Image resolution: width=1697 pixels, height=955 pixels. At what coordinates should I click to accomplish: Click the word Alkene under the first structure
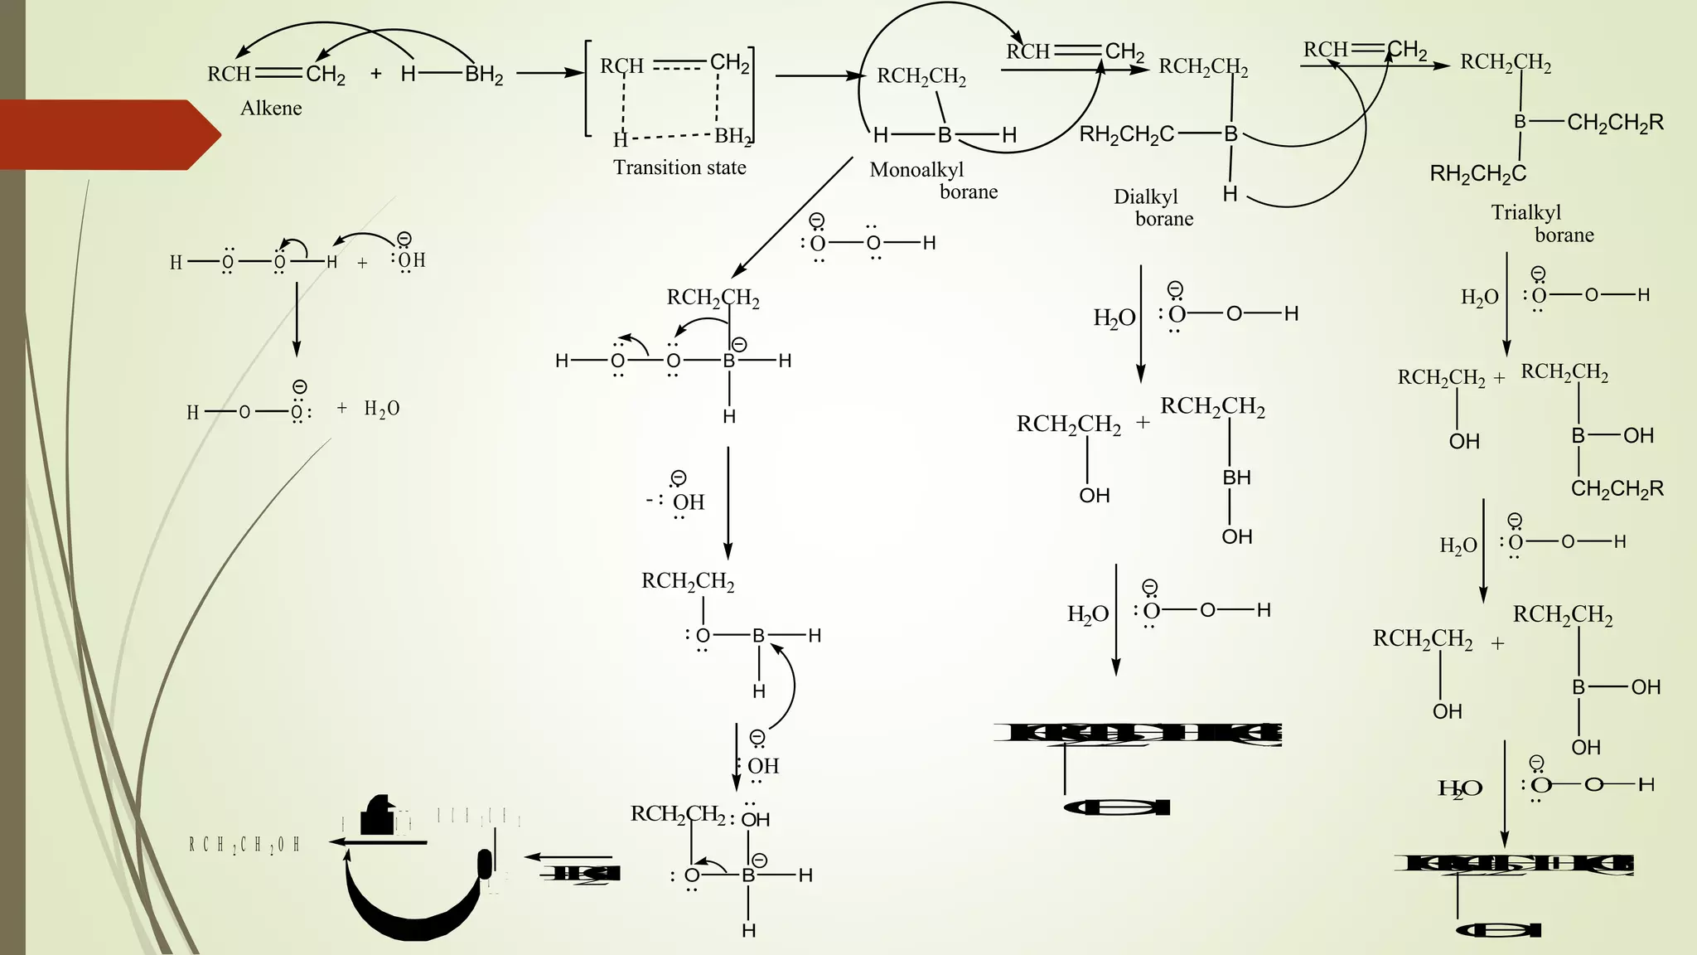coord(271,109)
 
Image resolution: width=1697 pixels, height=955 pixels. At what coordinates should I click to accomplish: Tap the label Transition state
coord(679,167)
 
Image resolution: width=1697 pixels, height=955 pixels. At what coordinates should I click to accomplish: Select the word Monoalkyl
coord(916,170)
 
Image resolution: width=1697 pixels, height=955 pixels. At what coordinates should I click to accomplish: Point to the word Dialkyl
coord(1145,197)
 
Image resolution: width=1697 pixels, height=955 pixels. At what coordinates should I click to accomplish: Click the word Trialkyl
coord(1525,213)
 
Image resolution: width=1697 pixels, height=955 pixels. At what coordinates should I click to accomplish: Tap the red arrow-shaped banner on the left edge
coord(108,134)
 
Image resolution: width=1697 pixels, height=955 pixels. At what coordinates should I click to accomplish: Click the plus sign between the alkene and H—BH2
coord(376,74)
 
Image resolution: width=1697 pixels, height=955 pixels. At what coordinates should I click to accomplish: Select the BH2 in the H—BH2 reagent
coord(484,75)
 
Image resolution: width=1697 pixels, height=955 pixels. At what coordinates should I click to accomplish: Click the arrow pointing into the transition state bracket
coord(551,73)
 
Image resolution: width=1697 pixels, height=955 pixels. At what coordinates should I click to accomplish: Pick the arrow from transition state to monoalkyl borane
coord(820,76)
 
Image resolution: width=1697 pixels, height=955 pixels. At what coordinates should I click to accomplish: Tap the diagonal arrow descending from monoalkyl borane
coord(791,217)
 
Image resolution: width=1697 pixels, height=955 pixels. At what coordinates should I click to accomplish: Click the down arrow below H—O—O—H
coord(297,319)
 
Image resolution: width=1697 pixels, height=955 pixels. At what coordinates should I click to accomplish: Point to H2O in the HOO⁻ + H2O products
coord(382,409)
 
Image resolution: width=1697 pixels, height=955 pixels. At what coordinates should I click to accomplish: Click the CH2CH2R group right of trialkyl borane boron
coord(1615,124)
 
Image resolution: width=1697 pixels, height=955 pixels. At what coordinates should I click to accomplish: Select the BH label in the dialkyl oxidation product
coord(1236,477)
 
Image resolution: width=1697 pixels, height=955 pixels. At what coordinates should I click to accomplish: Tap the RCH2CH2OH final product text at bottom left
coord(244,845)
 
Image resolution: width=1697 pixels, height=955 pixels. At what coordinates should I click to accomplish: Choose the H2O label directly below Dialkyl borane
coord(1114,318)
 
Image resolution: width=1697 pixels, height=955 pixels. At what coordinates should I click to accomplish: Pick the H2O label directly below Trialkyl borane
coord(1479,297)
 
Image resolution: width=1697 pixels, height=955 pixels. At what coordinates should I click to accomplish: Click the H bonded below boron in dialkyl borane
coord(1230,194)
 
